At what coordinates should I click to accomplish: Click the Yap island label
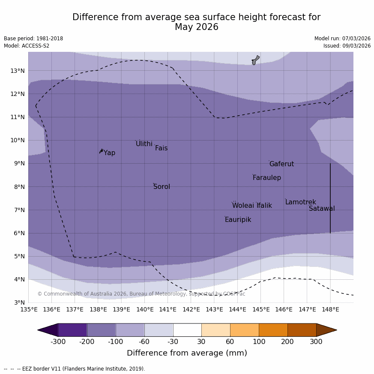coord(109,153)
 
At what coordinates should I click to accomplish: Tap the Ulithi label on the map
coord(144,144)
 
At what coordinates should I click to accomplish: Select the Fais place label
coord(161,148)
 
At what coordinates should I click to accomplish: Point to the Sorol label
coord(162,187)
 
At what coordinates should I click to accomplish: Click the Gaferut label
coord(281,164)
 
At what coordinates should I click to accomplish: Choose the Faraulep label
coord(266,178)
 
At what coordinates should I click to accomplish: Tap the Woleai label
coord(243,206)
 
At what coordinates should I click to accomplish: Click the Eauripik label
coord(238,220)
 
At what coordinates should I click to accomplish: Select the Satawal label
coord(322,209)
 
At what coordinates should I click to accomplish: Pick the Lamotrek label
coord(300,202)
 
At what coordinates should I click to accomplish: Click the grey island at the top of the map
coord(255,60)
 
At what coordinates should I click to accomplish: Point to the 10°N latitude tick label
coord(18,140)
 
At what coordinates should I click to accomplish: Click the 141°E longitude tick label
coord(168,309)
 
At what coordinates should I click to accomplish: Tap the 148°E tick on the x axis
coord(330,309)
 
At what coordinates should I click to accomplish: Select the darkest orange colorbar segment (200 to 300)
coord(302,330)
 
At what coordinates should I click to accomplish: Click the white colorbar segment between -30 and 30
coord(187,330)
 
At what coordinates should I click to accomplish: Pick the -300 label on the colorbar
coord(58,342)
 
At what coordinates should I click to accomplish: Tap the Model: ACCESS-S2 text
coord(27,46)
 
